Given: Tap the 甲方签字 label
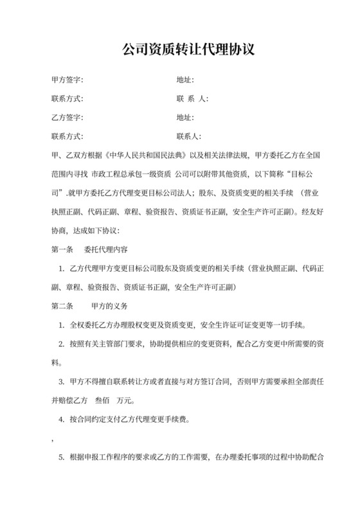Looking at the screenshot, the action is [x=66, y=80].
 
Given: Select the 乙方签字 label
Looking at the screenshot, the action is [x=66, y=118].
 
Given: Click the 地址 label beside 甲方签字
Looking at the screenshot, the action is [x=185, y=80].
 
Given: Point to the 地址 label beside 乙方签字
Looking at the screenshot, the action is [x=185, y=118].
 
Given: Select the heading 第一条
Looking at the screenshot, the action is [x=60, y=249].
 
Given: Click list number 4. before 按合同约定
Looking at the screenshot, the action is [x=62, y=420].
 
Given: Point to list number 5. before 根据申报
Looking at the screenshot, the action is [x=62, y=458].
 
